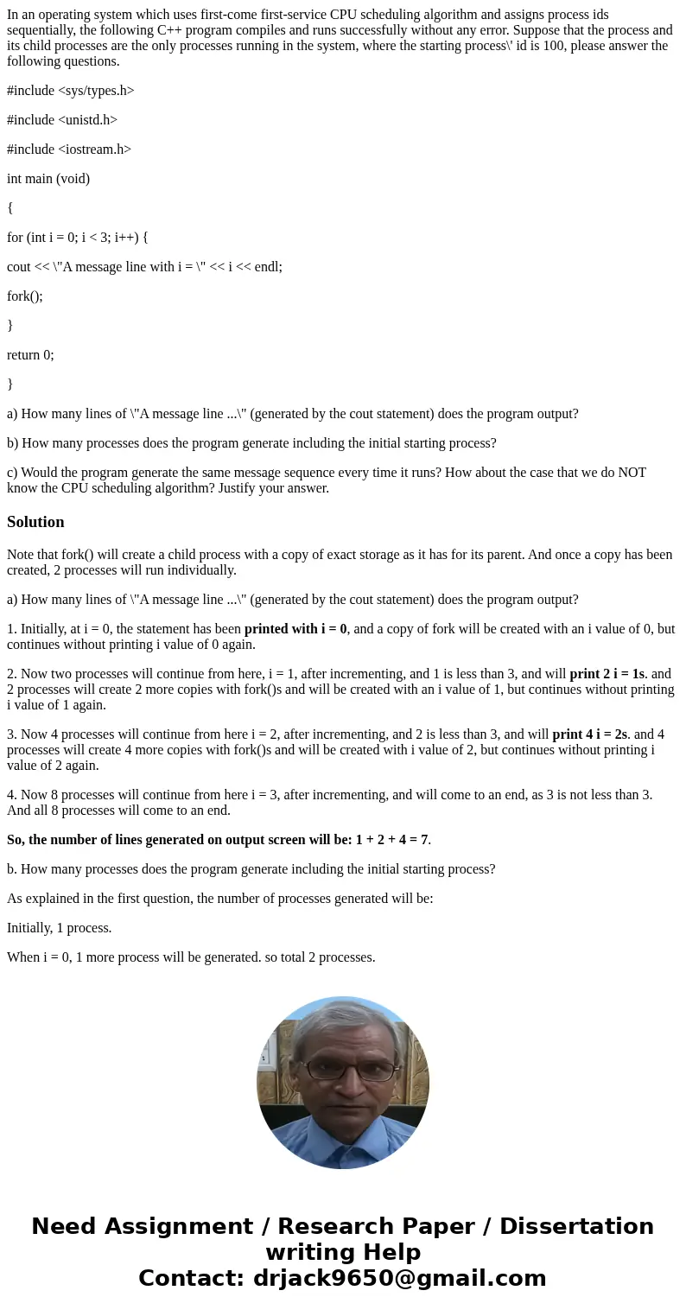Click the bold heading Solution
coord(35,522)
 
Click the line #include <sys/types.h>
coord(71,91)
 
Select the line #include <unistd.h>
coord(62,120)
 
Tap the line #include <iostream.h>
coord(69,149)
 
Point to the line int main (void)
coord(48,179)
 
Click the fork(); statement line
coord(25,296)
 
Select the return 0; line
coord(30,355)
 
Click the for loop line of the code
coord(78,238)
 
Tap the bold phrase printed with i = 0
coord(295,629)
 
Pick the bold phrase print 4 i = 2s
coord(590,734)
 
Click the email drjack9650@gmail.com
coord(399,1278)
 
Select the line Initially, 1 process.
coord(60,928)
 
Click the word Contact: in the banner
coord(190,1278)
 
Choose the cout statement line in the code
coord(145,267)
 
